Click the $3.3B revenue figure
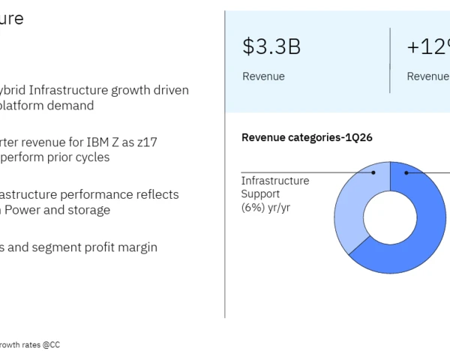(271, 46)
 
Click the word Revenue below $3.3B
(263, 76)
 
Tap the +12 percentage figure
(428, 46)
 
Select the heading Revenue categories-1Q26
(307, 137)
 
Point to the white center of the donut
(390, 218)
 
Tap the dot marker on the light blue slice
(373, 172)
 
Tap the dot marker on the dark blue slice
(407, 172)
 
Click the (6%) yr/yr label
(265, 207)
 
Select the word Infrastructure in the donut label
(274, 181)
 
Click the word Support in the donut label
(261, 193)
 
